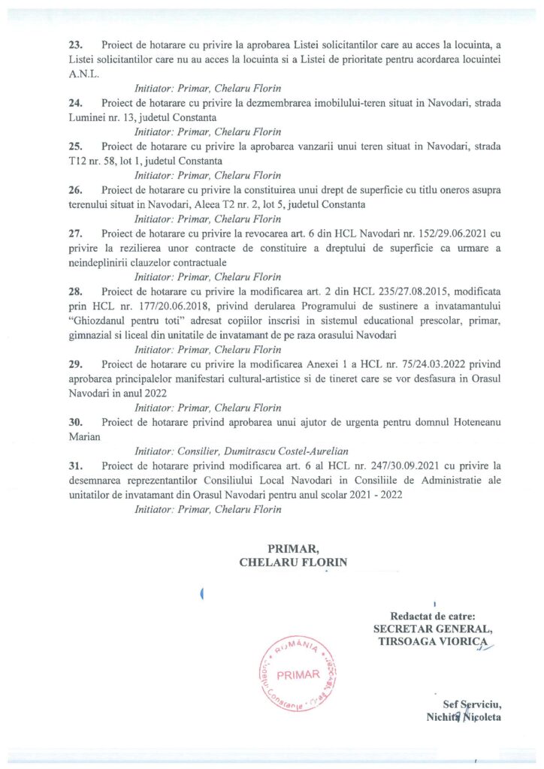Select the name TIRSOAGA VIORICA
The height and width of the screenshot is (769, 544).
tap(431, 643)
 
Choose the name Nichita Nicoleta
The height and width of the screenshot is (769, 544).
tap(463, 717)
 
